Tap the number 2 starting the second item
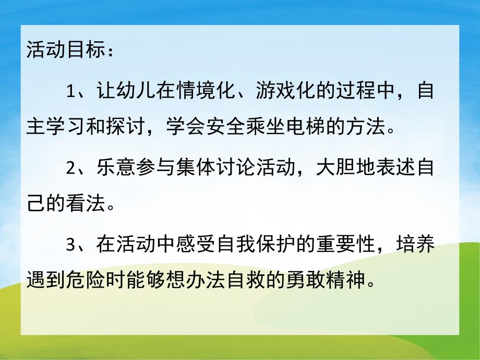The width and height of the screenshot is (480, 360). click(x=71, y=170)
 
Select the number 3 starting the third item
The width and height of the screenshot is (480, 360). click(x=71, y=246)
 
